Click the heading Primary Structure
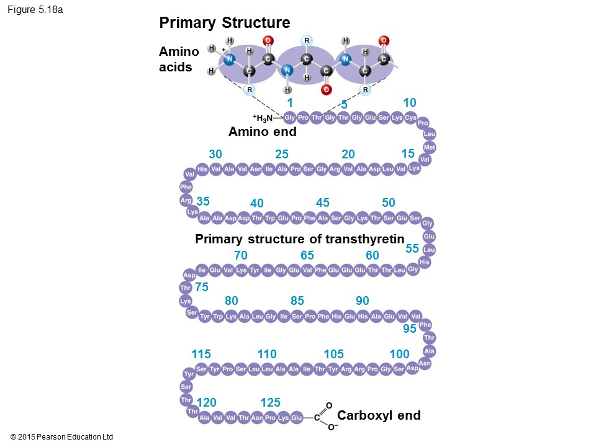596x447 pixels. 224,24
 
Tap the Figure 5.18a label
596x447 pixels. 35,10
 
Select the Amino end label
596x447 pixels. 262,132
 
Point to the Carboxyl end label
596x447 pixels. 379,415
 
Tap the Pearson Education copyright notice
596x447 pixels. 61,437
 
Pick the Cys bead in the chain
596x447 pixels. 410,118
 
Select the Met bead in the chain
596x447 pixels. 429,147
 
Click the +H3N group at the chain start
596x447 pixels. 262,117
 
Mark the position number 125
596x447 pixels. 271,403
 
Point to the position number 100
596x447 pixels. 399,354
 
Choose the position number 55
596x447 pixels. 412,248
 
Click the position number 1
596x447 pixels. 289,102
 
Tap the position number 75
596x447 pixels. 202,287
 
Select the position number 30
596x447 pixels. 215,154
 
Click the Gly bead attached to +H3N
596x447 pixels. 289,118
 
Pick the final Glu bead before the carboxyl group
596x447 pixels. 297,418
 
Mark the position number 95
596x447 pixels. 409,329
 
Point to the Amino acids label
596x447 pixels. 179,59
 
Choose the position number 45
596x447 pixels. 322,203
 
